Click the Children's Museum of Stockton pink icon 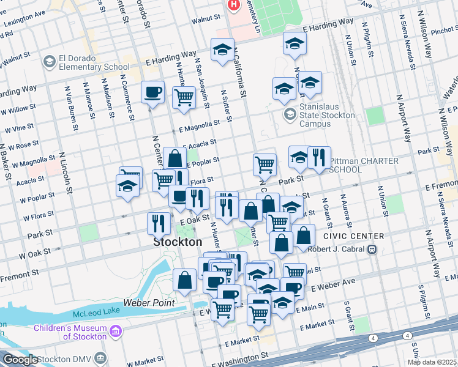[x=116, y=332]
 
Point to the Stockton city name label [x=177, y=242]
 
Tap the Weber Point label [x=149, y=303]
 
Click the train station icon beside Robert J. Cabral [x=370, y=250]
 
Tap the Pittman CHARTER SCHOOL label [x=364, y=165]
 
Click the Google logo [x=20, y=360]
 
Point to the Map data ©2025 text [x=432, y=362]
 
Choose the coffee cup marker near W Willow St [x=152, y=92]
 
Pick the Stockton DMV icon [x=100, y=358]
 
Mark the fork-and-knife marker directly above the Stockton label [x=159, y=223]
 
